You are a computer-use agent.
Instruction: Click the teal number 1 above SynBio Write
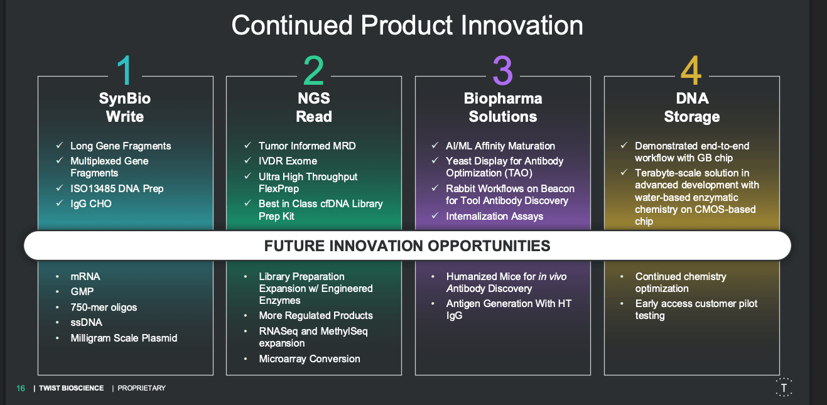coord(125,70)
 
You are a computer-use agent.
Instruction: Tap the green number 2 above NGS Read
coord(314,70)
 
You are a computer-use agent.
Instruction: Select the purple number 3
coord(503,70)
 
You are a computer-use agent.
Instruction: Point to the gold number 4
coord(691,70)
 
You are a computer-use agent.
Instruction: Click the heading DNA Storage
coord(692,107)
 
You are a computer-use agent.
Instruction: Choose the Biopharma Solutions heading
coord(503,107)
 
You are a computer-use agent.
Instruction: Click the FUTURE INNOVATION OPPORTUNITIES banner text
coord(408,246)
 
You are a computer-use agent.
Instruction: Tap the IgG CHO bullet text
coord(91,204)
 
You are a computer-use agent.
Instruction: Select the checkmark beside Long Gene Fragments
coord(60,146)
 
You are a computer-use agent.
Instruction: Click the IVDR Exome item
coord(288,161)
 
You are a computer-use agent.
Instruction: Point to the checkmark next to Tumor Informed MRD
coord(248,146)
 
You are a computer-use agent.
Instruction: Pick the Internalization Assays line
coord(495,217)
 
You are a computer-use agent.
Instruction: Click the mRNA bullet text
coord(85,276)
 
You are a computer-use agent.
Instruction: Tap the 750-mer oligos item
coord(104,307)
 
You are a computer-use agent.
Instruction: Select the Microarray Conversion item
coord(310,359)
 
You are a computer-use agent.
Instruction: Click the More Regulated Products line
coord(316,316)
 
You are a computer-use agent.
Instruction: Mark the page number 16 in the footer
coord(21,389)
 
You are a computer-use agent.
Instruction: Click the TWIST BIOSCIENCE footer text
coord(71,389)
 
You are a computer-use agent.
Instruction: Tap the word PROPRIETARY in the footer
coord(141,389)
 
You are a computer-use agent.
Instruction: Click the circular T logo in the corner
coord(784,387)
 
